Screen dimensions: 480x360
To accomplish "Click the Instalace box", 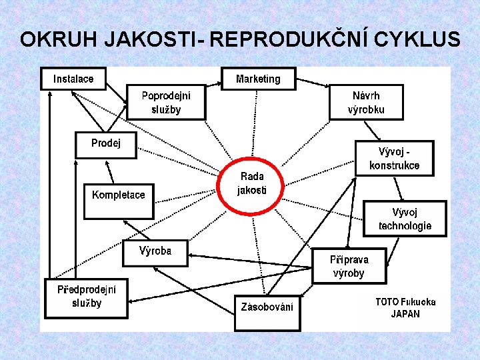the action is (x=73, y=79).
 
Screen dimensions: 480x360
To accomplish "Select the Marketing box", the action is (x=258, y=79).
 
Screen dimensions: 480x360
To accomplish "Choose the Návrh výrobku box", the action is (x=366, y=103).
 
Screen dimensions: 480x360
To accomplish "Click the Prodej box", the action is (x=106, y=144).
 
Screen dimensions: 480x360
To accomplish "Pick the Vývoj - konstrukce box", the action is (x=395, y=159).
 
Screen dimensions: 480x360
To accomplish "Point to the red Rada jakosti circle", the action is (x=251, y=183).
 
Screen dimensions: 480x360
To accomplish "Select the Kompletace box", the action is (x=118, y=201).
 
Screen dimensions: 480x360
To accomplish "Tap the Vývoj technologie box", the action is (x=405, y=219).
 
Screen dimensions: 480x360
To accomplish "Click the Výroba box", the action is (x=155, y=251).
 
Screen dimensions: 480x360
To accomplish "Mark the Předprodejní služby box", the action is (x=86, y=297).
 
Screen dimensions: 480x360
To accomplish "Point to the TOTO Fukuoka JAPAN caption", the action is (x=405, y=307).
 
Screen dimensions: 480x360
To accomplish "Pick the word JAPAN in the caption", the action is (x=405, y=314).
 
